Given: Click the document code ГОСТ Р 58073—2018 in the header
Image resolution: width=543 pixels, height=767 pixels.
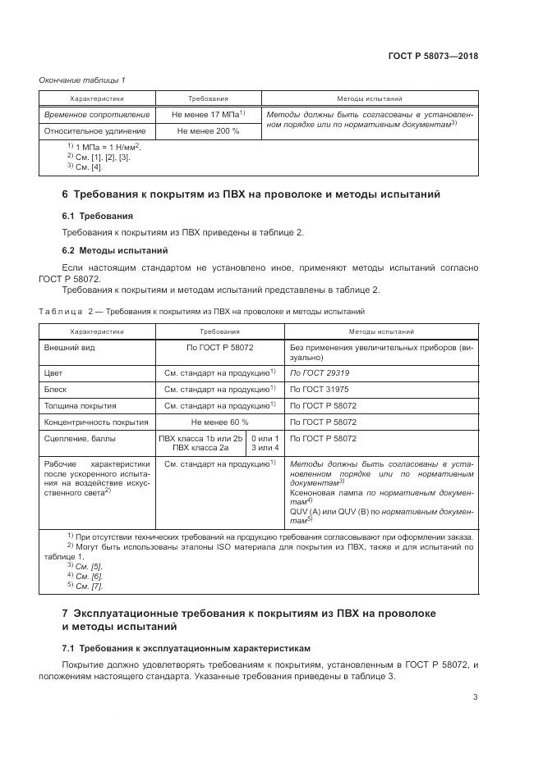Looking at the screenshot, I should click(433, 57).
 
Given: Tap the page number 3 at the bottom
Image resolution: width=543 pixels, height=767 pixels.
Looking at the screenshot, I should click(476, 697).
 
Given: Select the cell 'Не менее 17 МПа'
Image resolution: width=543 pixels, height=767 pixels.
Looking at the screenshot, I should click(208, 115).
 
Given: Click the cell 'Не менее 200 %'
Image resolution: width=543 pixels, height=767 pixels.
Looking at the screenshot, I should click(208, 130).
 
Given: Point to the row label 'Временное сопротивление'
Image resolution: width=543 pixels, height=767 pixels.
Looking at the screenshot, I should click(97, 115).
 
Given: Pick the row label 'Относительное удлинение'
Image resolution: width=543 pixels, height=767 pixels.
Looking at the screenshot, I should click(95, 130).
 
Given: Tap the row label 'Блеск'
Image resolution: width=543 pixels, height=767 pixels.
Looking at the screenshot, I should click(57, 389).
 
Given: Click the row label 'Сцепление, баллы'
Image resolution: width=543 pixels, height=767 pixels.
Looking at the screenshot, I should click(81, 439).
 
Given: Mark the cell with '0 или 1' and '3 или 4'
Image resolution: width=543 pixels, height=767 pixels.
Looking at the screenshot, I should click(265, 444).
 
